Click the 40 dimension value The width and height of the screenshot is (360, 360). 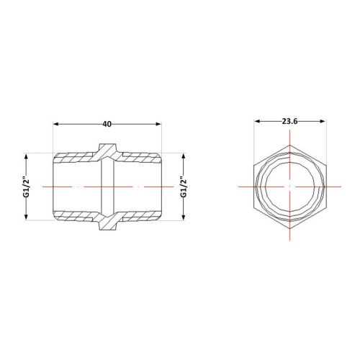pyautogui.click(x=107, y=124)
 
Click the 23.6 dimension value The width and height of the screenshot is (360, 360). pyautogui.click(x=289, y=121)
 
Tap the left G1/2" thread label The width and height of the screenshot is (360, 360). pyautogui.click(x=26, y=188)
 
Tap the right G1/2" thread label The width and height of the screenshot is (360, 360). pyautogui.click(x=184, y=188)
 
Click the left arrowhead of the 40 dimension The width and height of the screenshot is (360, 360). pyautogui.click(x=55, y=124)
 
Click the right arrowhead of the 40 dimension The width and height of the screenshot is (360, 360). pyautogui.click(x=158, y=124)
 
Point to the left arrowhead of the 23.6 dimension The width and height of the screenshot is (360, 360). pyautogui.click(x=257, y=121)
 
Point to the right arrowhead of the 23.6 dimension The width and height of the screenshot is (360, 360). pyautogui.click(x=323, y=121)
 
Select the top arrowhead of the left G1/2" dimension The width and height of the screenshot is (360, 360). pyautogui.click(x=26, y=156)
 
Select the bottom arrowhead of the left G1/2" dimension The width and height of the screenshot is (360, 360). pyautogui.click(x=26, y=217)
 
